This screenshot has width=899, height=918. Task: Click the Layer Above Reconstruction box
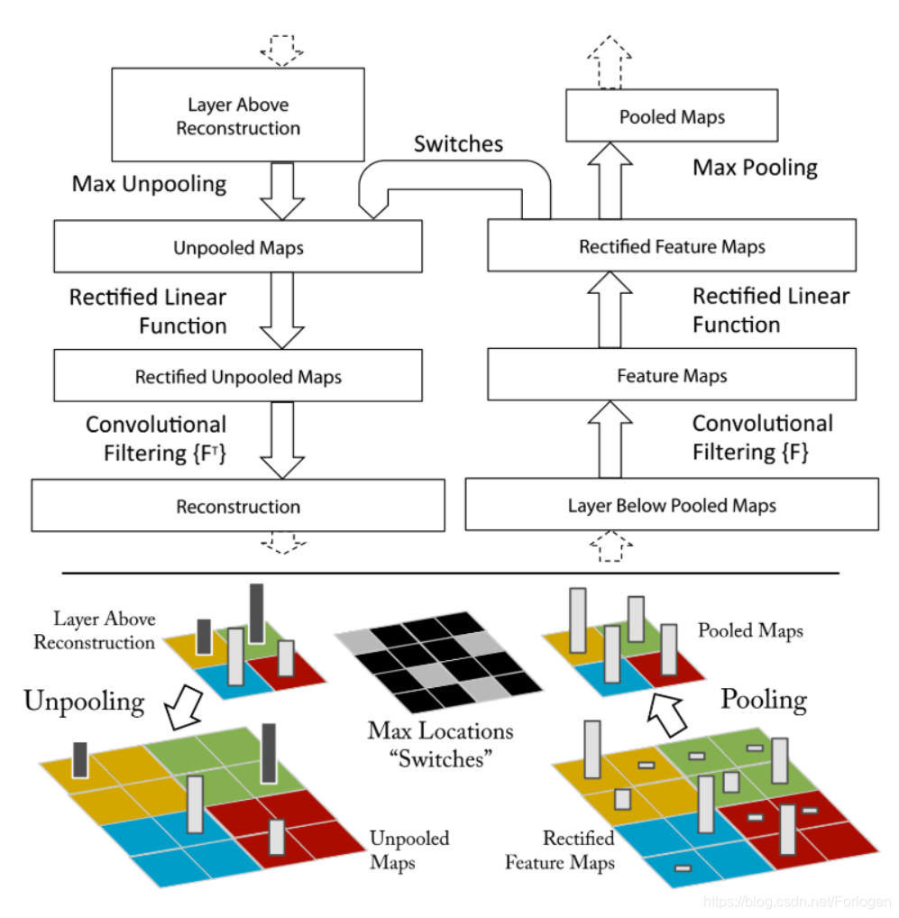(x=238, y=115)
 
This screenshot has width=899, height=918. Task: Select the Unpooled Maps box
(x=238, y=247)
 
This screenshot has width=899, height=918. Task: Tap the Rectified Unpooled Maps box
(x=238, y=376)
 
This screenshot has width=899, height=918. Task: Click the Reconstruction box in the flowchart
(x=238, y=506)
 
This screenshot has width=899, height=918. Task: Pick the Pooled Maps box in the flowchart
(x=672, y=116)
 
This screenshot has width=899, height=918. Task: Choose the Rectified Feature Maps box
(x=672, y=246)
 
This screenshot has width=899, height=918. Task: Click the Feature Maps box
(x=672, y=375)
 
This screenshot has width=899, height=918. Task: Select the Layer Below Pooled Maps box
(x=672, y=505)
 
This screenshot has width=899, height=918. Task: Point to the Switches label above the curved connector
(x=458, y=143)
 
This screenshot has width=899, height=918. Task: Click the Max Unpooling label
(x=149, y=184)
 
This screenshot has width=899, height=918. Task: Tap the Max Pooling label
(x=755, y=167)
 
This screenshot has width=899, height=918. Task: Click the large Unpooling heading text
(x=84, y=701)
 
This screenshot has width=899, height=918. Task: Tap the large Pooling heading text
(x=764, y=699)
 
